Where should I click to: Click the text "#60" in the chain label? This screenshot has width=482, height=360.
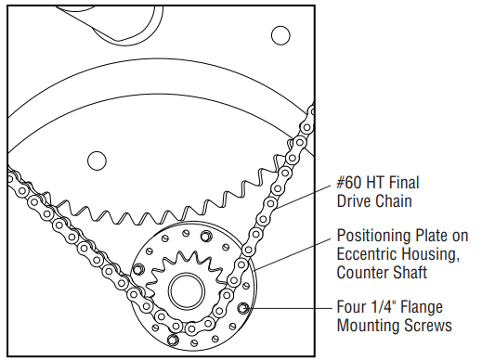click(348, 183)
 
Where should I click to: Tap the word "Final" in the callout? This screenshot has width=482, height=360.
click(404, 183)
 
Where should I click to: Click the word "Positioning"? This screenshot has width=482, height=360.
click(373, 237)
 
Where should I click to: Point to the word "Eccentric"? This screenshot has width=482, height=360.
click(366, 254)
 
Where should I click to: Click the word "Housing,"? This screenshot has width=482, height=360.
click(429, 255)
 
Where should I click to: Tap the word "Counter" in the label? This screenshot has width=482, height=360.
click(362, 273)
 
